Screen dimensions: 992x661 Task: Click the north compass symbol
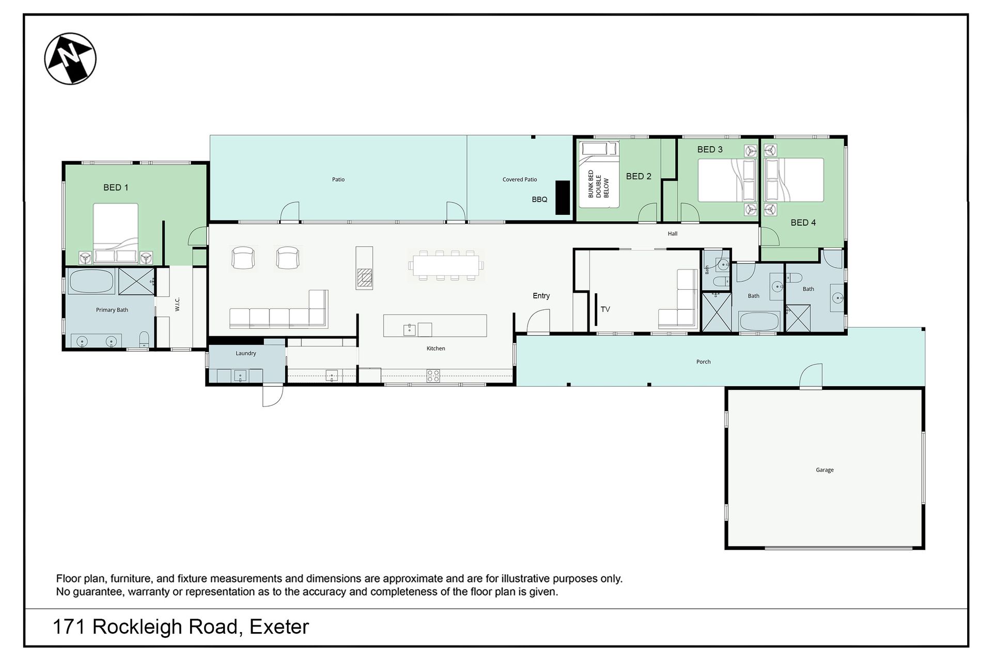(70, 58)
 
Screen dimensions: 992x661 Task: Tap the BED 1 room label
(116, 187)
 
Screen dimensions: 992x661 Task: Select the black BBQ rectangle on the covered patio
(562, 197)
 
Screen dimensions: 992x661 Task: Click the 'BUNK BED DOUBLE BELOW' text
(599, 184)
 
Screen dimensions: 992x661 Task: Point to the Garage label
(825, 470)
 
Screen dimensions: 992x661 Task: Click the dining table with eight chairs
(446, 265)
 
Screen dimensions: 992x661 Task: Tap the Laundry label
(246, 353)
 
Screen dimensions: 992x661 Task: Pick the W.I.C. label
(177, 304)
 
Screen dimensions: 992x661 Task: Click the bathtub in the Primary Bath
(91, 281)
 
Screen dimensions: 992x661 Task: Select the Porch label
(703, 362)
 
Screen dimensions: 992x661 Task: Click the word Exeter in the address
(280, 627)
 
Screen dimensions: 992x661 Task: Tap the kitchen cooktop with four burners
(433, 375)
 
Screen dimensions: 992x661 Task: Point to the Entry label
(541, 296)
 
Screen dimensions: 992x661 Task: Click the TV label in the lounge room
(606, 309)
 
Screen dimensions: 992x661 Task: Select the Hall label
(672, 234)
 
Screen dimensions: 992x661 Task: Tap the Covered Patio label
(520, 180)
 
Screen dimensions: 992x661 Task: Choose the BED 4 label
(803, 223)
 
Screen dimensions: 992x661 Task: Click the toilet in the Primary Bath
(144, 339)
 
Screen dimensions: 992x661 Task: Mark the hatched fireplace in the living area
(365, 278)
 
